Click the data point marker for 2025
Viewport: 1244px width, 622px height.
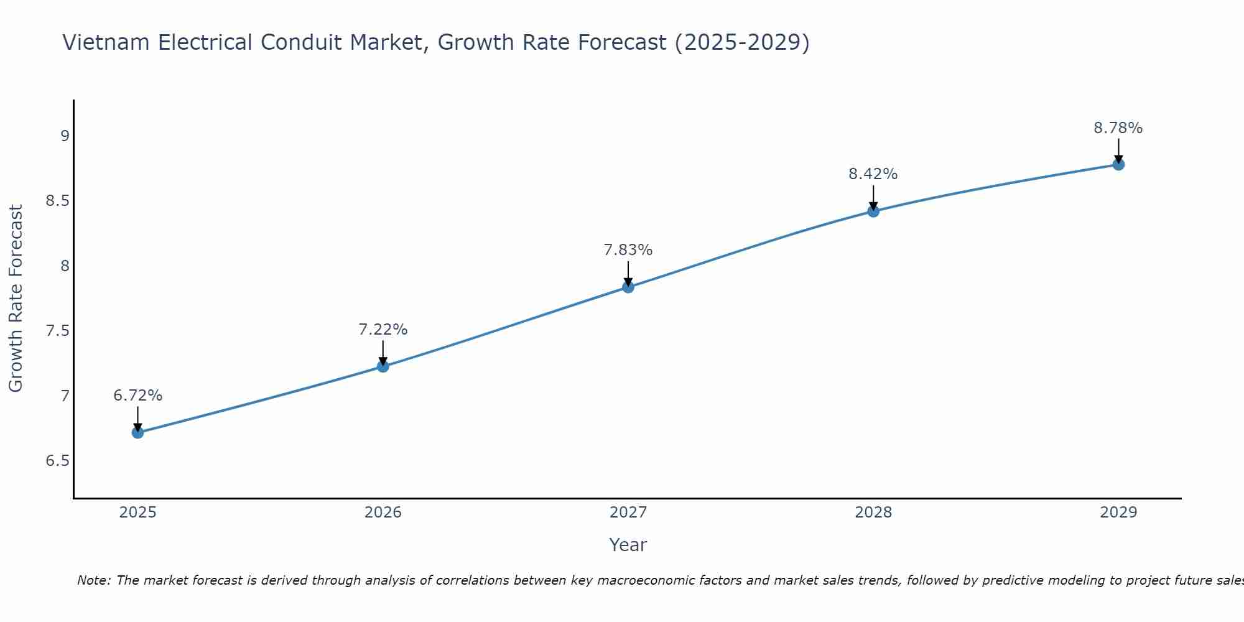pos(138,432)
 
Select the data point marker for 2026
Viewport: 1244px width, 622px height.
pos(383,366)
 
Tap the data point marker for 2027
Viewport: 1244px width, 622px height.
pos(628,287)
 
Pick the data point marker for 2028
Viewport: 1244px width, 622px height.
pos(873,211)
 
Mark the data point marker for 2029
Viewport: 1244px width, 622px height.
pos(1118,164)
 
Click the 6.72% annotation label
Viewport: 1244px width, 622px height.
pos(138,396)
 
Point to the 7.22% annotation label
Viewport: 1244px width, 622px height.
pos(383,330)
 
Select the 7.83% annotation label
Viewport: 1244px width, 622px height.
pos(628,250)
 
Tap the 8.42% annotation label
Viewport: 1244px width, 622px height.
pos(873,174)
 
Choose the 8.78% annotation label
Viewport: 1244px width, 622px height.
pos(1118,128)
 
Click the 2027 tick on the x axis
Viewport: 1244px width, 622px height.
pos(628,513)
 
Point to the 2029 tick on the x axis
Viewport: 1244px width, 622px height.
pos(1118,513)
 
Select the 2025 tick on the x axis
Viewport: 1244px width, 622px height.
pos(138,513)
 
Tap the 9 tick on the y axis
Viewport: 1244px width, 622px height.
pos(65,136)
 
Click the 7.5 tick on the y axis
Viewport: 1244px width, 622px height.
pos(58,331)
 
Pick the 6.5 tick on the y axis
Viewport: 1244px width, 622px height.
pos(58,461)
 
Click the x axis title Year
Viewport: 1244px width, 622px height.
pos(628,545)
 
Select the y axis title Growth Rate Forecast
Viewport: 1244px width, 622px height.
pos(16,299)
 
